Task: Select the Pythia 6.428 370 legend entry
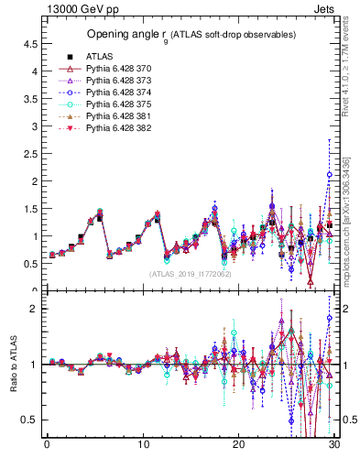pos(106,69)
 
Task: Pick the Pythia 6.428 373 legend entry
pos(106,81)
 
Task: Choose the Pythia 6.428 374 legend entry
pos(106,93)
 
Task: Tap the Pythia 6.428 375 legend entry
pos(106,104)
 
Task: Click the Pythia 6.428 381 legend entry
pos(106,116)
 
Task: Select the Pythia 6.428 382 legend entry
pos(106,128)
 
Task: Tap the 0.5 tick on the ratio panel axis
pos(29,420)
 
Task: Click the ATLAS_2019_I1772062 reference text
pos(191,273)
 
